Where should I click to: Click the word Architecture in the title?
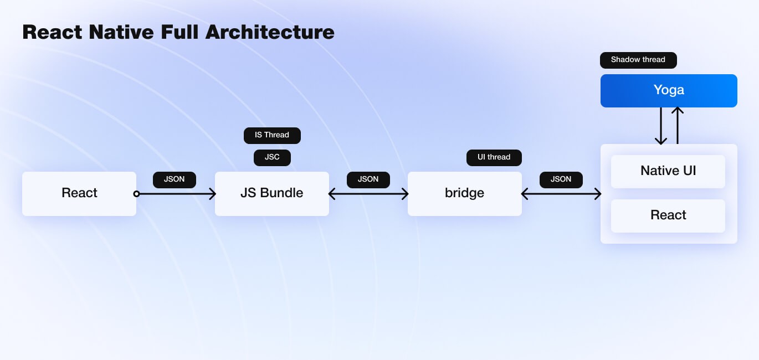pos(270,32)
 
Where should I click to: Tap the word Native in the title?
pos(121,32)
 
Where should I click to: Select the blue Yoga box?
pos(669,91)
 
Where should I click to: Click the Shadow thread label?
pos(638,60)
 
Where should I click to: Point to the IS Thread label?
pos(272,136)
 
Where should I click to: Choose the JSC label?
pos(272,157)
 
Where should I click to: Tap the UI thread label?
pos(494,157)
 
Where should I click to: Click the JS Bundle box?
pos(272,194)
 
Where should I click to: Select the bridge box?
pos(465,194)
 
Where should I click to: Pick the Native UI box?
pos(668,171)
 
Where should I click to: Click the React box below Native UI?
pos(668,216)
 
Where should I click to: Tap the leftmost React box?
pos(79,194)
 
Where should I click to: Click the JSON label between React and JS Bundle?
pos(175,180)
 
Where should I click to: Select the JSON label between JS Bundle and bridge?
pos(368,180)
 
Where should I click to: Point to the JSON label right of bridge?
pos(561,180)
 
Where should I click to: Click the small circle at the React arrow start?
pos(136,194)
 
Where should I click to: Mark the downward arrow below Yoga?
pos(661,126)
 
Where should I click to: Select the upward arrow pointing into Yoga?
pos(678,125)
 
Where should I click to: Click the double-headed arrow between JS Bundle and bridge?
pos(368,194)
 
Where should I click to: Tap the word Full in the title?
pos(180,32)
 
